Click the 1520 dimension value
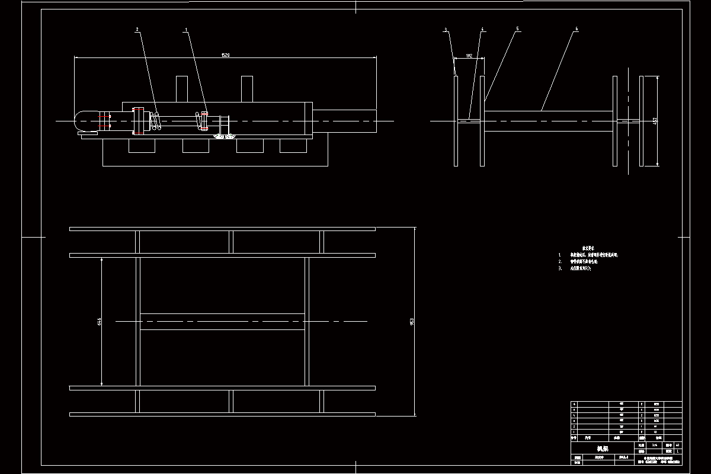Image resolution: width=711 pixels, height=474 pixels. (225, 55)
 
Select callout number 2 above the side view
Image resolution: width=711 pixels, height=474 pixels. (137, 29)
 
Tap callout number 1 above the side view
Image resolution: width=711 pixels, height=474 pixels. (187, 29)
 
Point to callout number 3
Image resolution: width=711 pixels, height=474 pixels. (446, 28)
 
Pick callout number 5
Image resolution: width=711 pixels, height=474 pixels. (517, 28)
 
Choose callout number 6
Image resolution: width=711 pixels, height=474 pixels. (576, 28)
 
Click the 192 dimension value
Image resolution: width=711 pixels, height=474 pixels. (469, 56)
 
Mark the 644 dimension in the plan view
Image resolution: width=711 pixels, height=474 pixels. (100, 321)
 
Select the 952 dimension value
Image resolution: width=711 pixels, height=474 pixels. (412, 321)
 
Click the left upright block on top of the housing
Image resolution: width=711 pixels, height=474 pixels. (182, 89)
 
